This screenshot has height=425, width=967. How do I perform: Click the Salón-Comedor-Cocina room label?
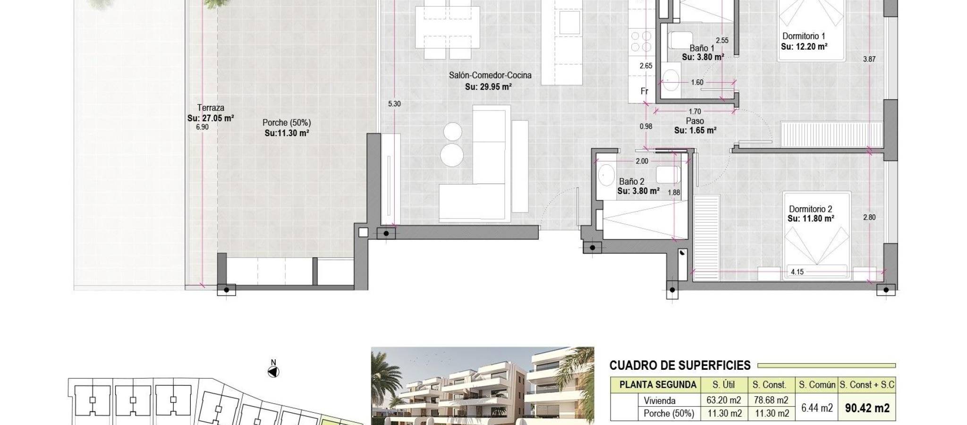click(x=490, y=75)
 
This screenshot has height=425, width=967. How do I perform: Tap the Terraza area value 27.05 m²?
click(x=211, y=118)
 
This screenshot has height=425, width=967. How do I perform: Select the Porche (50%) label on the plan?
click(x=287, y=123)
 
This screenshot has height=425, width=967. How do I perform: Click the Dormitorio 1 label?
click(x=804, y=36)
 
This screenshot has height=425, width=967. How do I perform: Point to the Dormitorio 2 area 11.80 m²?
click(x=811, y=219)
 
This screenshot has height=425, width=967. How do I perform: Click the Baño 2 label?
click(x=632, y=181)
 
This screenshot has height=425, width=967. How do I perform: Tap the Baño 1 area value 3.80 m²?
click(x=703, y=57)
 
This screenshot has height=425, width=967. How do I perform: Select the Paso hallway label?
click(x=695, y=121)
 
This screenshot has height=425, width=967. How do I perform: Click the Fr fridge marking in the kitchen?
click(x=645, y=91)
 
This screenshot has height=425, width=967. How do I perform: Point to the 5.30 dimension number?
click(x=394, y=104)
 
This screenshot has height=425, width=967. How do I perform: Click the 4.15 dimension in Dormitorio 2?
click(x=797, y=272)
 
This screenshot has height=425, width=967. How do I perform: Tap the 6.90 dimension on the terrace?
click(x=202, y=127)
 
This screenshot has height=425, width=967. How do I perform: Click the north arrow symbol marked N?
click(x=273, y=372)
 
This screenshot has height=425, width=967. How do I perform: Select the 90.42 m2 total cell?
click(x=867, y=408)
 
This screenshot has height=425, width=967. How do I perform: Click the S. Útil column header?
click(x=723, y=385)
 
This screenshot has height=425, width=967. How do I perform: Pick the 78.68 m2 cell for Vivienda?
click(x=771, y=400)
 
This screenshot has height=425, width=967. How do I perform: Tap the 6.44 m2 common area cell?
click(x=817, y=408)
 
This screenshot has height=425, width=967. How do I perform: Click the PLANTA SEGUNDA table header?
click(x=658, y=385)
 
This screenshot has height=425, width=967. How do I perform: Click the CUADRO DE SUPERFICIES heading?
click(x=680, y=365)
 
